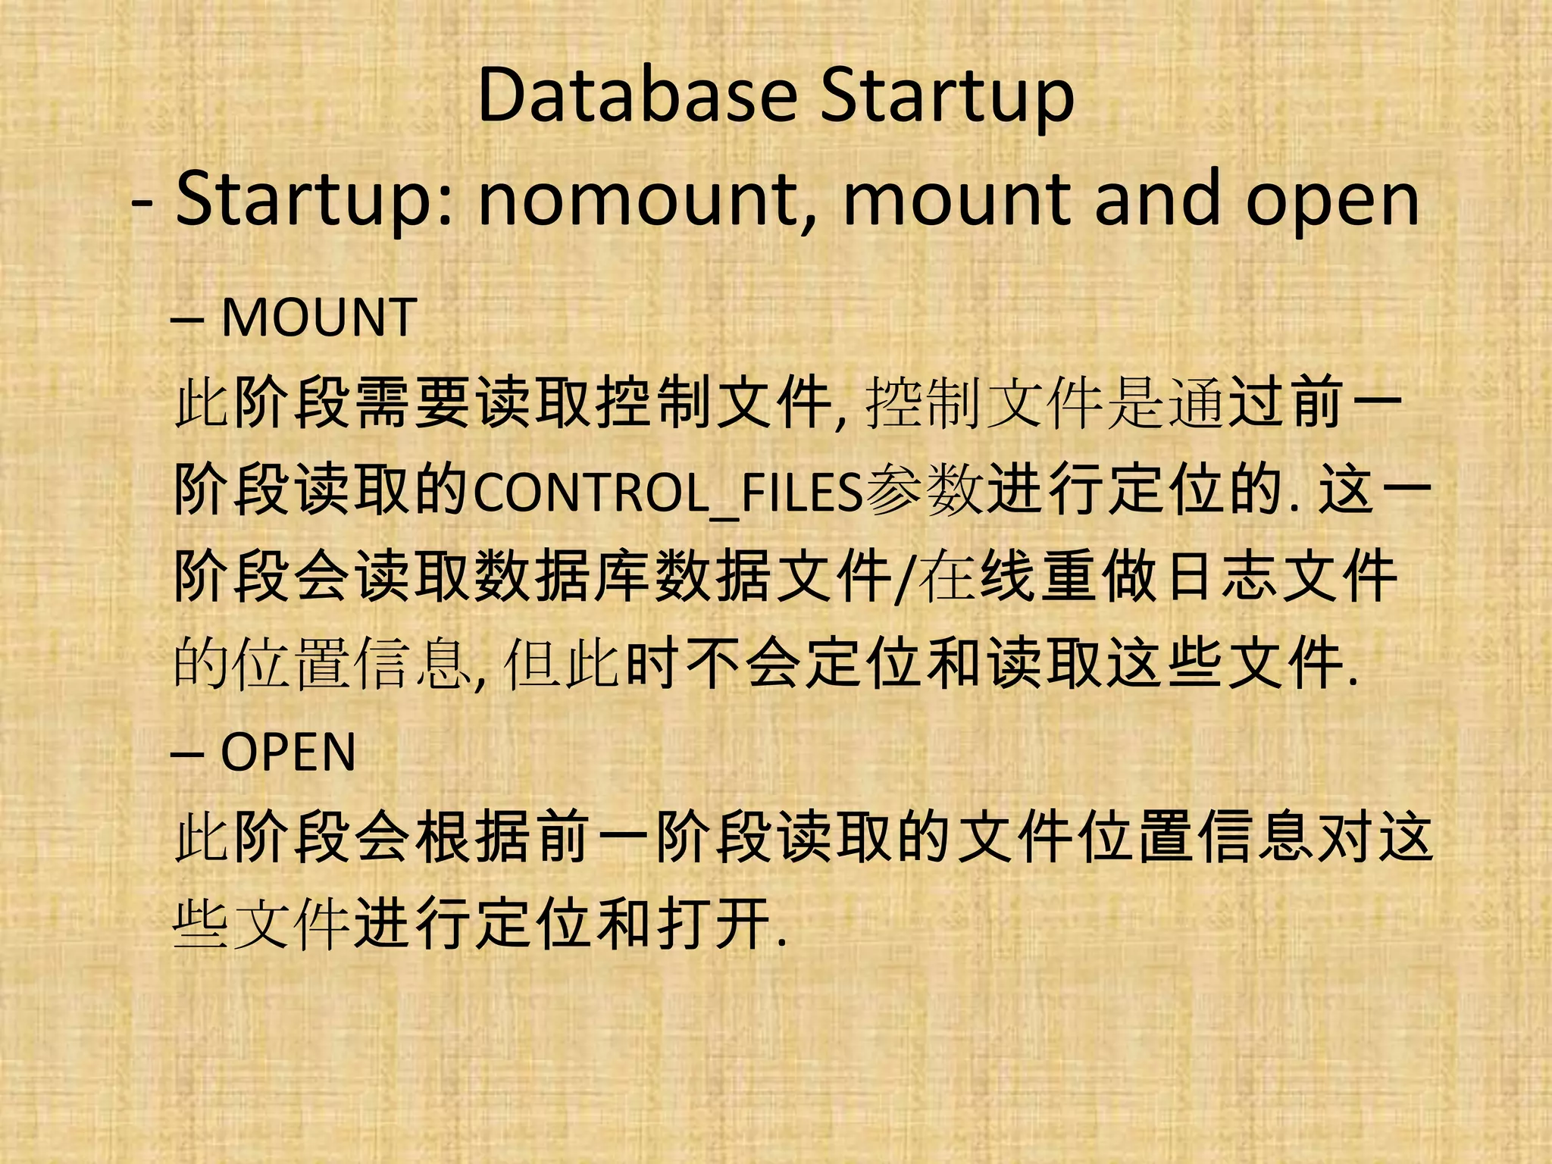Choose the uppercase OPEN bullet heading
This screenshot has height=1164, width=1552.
tap(288, 753)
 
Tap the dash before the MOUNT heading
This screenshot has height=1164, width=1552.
tap(187, 320)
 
